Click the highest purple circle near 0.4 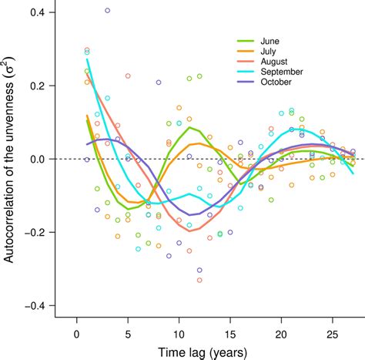coord(107,11)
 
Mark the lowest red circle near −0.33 coord(199,280)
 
